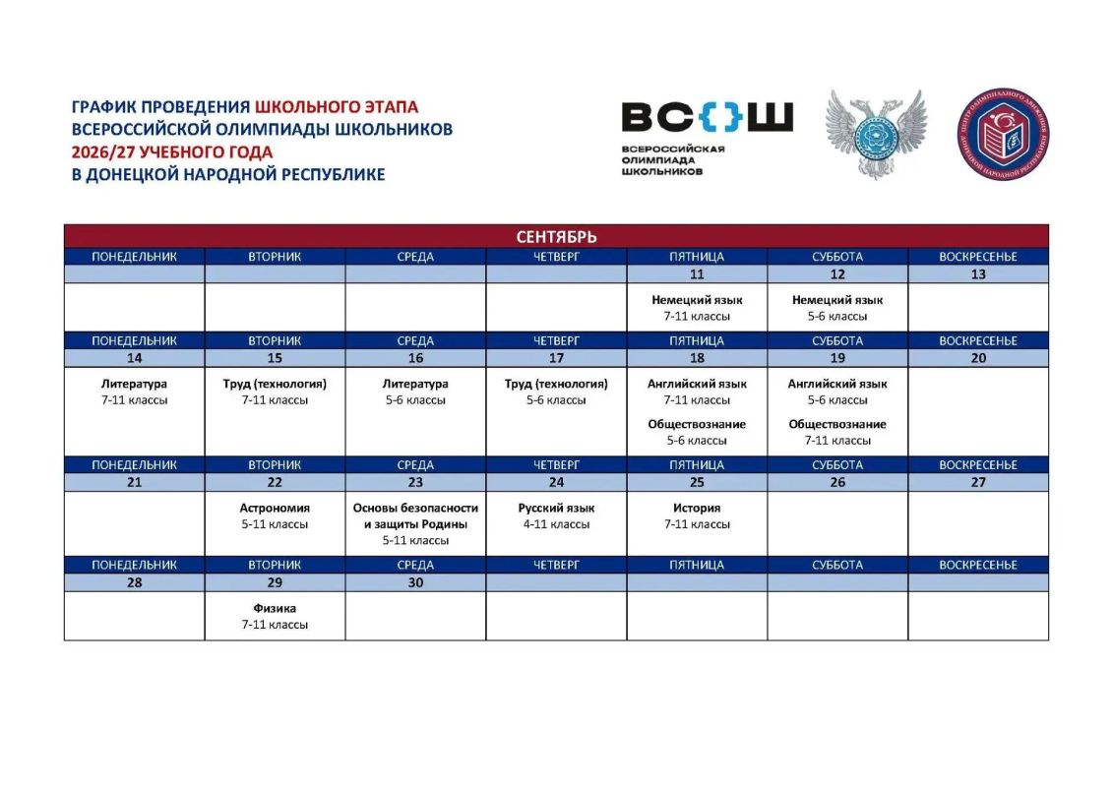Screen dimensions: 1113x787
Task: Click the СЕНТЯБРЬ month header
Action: [x=556, y=236]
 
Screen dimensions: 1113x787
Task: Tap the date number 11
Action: [x=697, y=273]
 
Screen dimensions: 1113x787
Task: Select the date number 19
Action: [x=837, y=358]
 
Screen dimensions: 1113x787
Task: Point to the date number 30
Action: [x=415, y=582]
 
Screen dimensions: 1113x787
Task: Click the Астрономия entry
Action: [x=275, y=509]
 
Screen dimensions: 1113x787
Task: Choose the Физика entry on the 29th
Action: [x=275, y=608]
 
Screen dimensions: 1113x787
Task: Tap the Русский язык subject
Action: [x=556, y=509]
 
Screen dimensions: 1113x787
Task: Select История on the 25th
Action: [x=697, y=509]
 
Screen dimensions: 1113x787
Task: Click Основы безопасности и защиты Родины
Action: [x=415, y=515]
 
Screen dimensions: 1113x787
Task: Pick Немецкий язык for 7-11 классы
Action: [x=697, y=300]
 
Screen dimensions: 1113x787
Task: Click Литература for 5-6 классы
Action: [x=415, y=384]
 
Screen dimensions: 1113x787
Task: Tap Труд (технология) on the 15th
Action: [x=275, y=384]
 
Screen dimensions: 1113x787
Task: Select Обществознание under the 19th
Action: [x=837, y=424]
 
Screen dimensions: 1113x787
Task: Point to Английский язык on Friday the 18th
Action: [x=697, y=384]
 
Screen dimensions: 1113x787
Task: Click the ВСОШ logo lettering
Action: [x=707, y=117]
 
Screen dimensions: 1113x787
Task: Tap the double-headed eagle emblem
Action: [x=877, y=134]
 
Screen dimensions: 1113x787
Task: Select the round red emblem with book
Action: [x=1002, y=134]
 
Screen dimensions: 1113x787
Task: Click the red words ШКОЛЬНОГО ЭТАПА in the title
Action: [x=337, y=107]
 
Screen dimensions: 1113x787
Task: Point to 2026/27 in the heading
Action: [x=103, y=152]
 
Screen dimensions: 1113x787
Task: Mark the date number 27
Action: [x=978, y=482]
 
